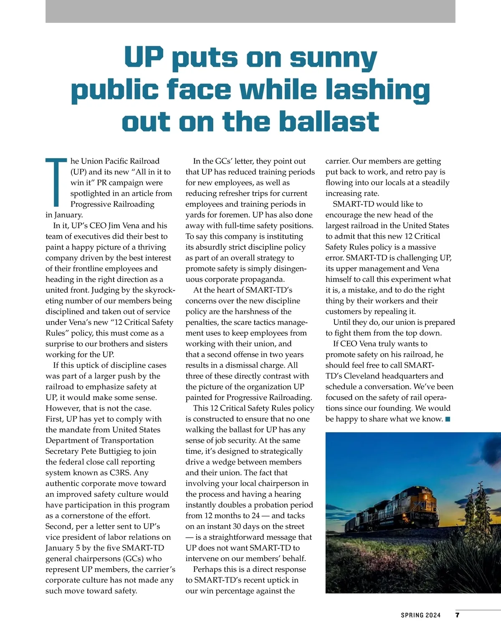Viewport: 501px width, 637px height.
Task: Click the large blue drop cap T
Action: [x=57, y=182]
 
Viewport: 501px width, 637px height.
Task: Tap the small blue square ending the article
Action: [x=448, y=419]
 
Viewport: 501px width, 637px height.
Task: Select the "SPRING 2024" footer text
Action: [x=420, y=615]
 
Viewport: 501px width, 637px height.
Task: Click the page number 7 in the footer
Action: [x=457, y=615]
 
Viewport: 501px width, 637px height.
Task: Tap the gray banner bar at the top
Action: [x=250, y=11]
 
